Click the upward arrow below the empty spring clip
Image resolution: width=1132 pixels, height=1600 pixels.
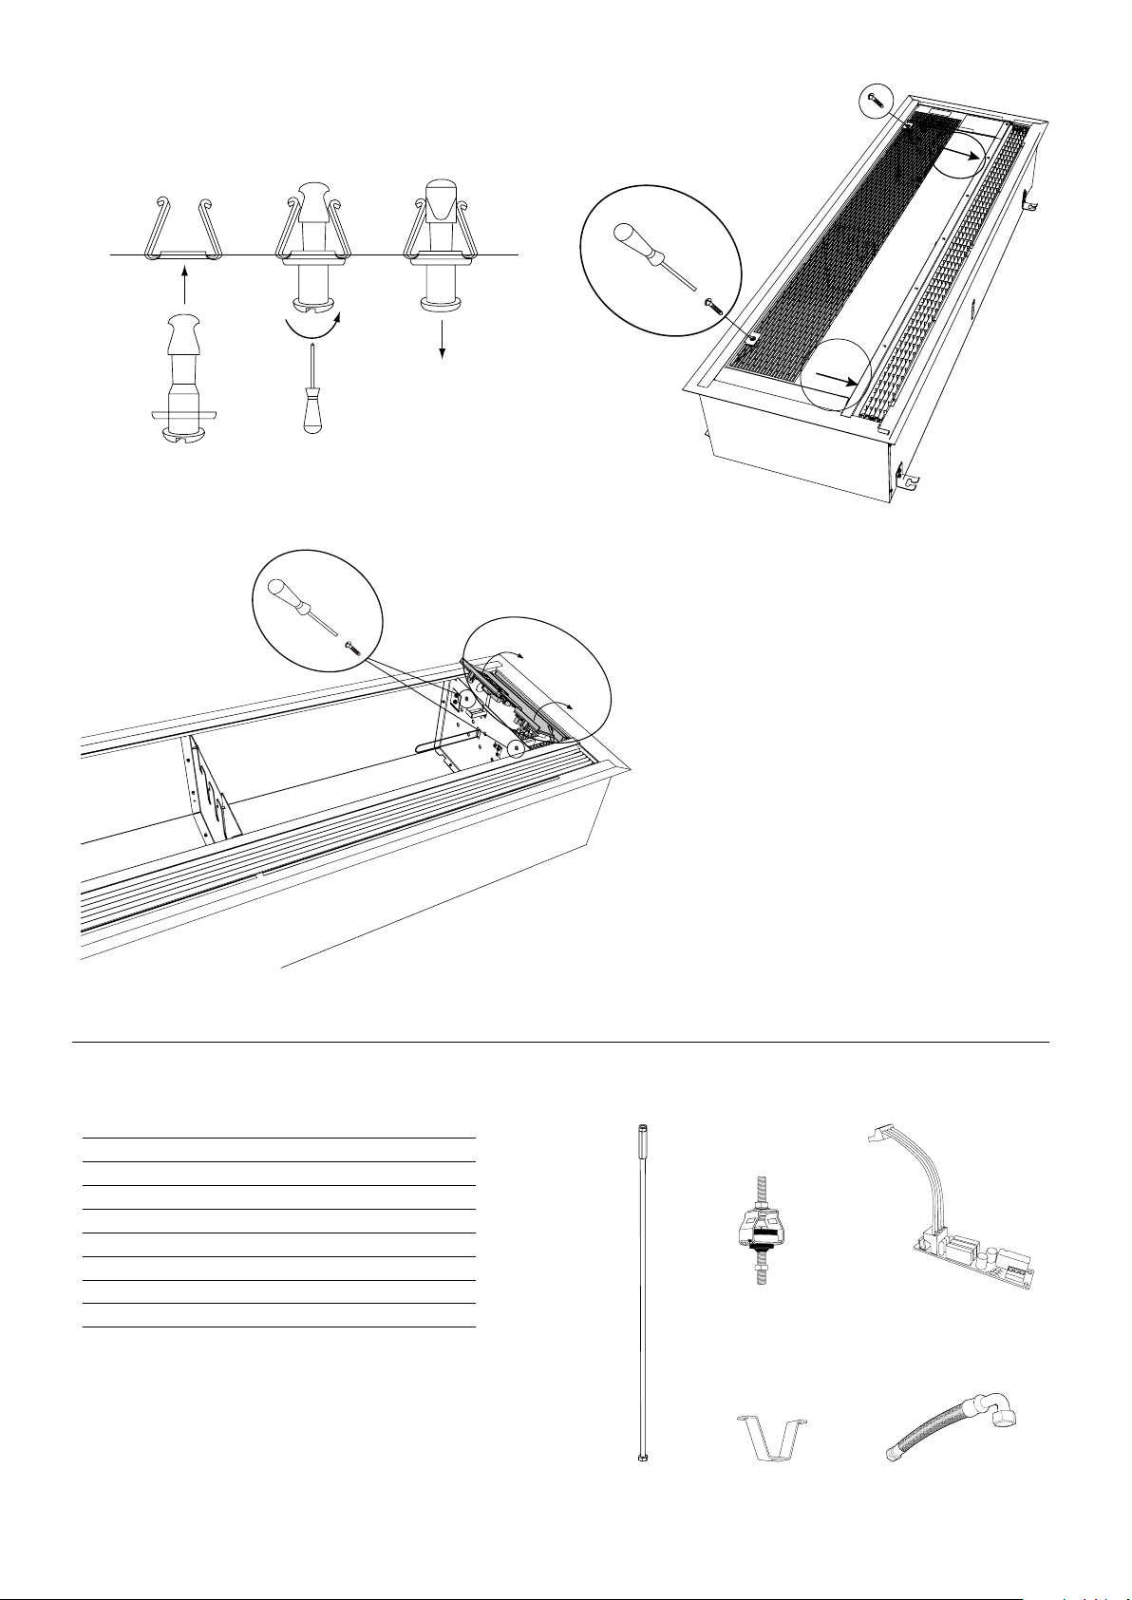coord(185,288)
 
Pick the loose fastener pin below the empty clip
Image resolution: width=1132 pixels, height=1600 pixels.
coord(185,380)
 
